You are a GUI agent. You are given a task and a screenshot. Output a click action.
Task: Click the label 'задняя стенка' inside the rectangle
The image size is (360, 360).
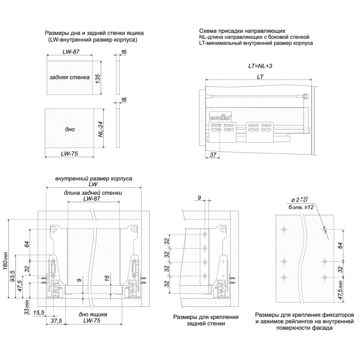tap(70, 77)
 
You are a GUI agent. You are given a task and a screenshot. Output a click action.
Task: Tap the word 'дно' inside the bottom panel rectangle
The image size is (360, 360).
tap(69, 130)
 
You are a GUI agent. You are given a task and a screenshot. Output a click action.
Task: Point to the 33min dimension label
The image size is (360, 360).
tap(27, 308)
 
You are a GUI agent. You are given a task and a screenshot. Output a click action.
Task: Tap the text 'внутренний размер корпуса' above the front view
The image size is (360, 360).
tap(93, 179)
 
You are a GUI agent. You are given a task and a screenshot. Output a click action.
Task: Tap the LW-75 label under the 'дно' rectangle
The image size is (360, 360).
tap(69, 153)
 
